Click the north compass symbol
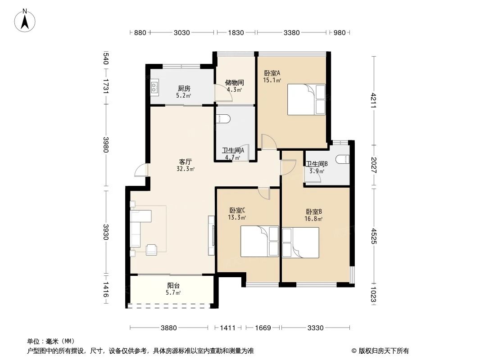26,20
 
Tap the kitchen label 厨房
183,89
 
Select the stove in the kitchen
154,87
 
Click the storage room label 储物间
235,83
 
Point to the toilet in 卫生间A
224,118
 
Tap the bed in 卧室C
259,241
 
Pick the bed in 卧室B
301,243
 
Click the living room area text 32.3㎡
186,169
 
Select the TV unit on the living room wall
211,234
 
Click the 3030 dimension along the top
182,32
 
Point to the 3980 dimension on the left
106,144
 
